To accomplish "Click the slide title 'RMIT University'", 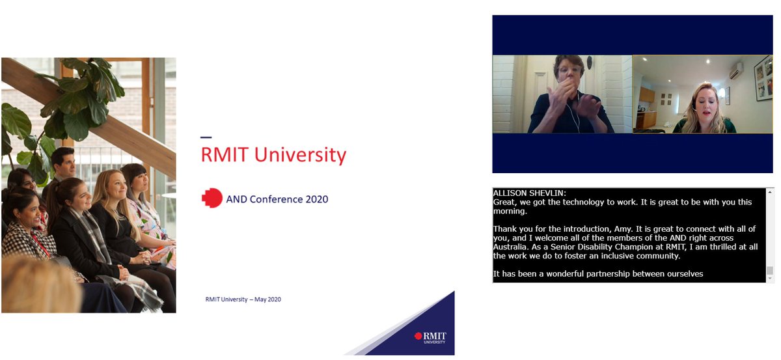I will point(273,155).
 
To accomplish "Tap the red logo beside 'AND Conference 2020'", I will point(212,199).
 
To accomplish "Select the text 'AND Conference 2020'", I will point(277,199).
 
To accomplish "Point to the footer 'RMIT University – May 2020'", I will point(243,299).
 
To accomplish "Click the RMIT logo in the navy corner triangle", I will point(431,339).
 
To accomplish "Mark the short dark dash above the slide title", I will point(206,137).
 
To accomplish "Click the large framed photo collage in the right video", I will point(763,78).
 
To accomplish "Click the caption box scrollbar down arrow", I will point(770,279).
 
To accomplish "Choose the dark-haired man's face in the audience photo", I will point(63,160).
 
